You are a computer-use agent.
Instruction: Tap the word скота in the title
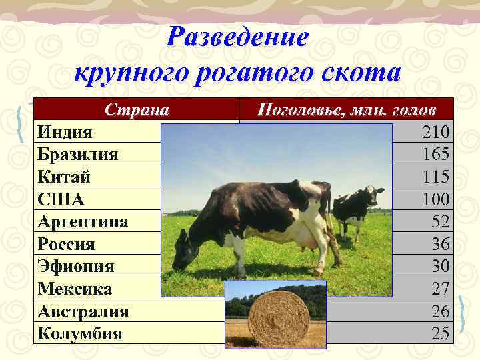coord(356,72)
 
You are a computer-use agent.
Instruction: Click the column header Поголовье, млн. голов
coord(347,109)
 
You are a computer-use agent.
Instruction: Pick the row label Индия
coord(65,132)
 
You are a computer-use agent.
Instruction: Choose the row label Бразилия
coord(78,155)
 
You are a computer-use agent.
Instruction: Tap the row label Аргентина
coord(83,222)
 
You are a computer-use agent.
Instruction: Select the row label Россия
coord(67,244)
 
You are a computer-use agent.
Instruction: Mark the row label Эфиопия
coord(76,267)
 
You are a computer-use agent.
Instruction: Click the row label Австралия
coord(83,311)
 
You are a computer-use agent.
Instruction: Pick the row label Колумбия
coord(80,333)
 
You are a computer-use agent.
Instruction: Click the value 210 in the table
coord(436,132)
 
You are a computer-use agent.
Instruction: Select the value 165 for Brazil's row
coord(436,155)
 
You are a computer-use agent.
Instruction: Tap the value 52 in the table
coord(441,222)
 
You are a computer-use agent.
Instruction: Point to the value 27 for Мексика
coord(441,289)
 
